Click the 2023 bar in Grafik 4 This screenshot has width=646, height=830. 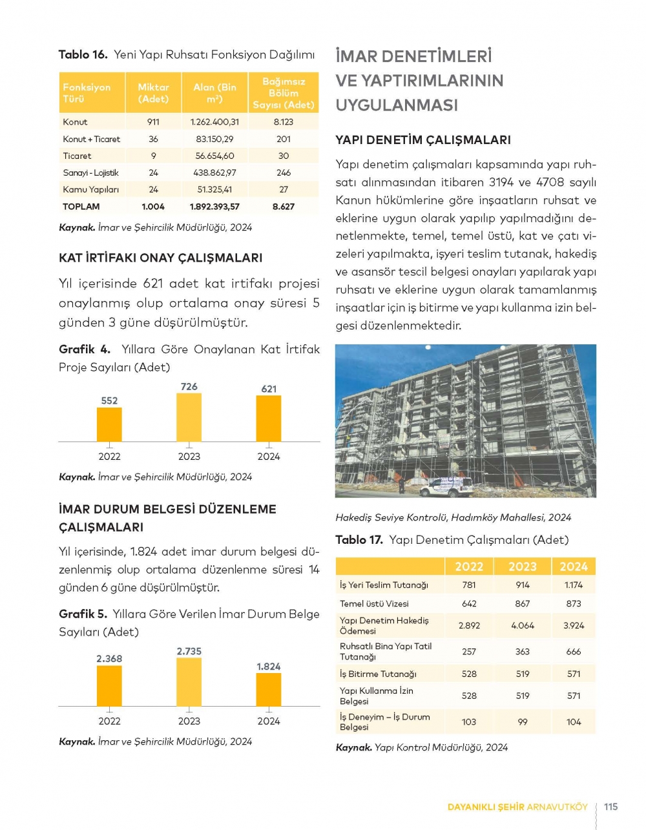(189, 417)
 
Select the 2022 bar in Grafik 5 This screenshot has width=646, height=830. (109, 685)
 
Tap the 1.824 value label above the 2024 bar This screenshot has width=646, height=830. (268, 666)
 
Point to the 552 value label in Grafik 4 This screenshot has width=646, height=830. (109, 400)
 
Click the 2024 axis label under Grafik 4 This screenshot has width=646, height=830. (269, 456)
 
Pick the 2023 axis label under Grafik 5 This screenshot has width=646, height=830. (189, 721)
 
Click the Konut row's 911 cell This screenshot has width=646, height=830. (153, 121)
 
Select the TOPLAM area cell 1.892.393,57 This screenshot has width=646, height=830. (214, 207)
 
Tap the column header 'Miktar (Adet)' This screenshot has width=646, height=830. (153, 93)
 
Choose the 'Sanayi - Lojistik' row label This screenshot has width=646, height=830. (90, 172)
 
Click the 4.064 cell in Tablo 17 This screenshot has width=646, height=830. (523, 625)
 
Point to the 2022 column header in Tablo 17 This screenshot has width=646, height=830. (469, 566)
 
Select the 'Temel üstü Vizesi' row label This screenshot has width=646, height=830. (374, 603)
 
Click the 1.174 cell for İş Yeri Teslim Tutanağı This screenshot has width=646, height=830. (573, 585)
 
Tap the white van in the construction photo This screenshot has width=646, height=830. (446, 486)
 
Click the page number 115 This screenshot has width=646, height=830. (610, 806)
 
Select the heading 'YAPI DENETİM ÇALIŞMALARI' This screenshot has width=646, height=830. (422, 140)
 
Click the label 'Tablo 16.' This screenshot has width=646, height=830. (83, 55)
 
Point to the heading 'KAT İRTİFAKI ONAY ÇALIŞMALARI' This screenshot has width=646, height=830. (160, 258)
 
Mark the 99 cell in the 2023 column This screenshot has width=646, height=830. (523, 721)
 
